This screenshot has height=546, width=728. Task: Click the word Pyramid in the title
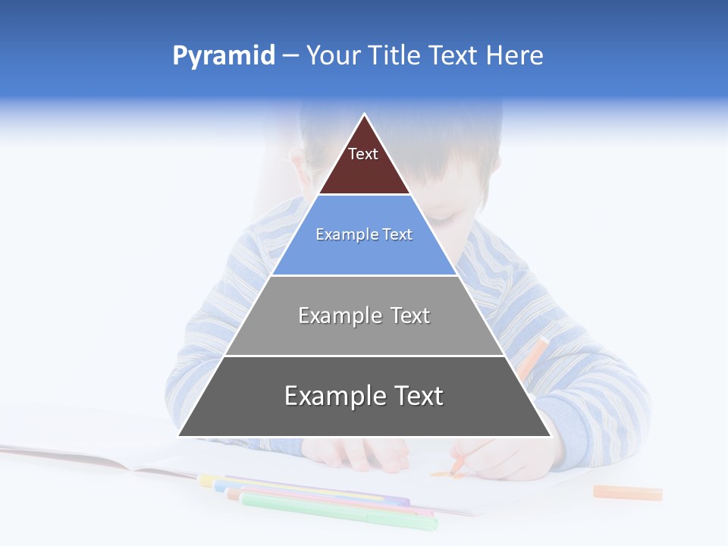point(224,56)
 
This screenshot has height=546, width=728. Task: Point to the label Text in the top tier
point(363,154)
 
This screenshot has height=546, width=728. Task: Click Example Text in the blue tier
point(364,234)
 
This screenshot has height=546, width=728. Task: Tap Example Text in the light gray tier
point(364,315)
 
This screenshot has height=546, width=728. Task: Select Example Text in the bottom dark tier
point(364,396)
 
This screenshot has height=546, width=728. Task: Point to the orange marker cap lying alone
point(627,493)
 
